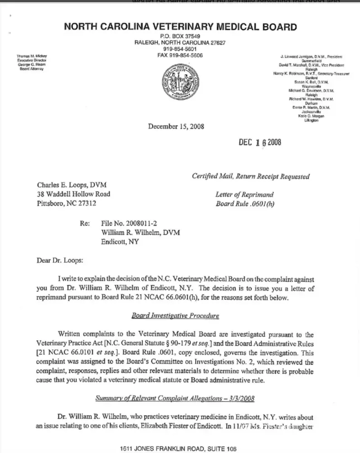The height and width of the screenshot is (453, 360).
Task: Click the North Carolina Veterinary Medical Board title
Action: pyautogui.click(x=180, y=27)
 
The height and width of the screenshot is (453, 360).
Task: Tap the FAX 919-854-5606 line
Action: pyautogui.click(x=180, y=55)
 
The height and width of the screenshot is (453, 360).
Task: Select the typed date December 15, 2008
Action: pyautogui.click(x=176, y=126)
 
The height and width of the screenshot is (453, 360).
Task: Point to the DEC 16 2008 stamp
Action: pyautogui.click(x=260, y=143)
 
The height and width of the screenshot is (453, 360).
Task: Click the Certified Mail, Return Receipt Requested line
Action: pyautogui.click(x=251, y=177)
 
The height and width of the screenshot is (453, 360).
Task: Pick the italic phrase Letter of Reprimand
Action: pyautogui.click(x=244, y=195)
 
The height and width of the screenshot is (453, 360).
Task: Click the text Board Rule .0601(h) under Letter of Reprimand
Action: pyautogui.click(x=245, y=204)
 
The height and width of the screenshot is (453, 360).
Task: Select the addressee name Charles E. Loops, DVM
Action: pyautogui.click(x=72, y=185)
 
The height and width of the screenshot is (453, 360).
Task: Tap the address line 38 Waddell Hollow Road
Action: pyautogui.click(x=73, y=194)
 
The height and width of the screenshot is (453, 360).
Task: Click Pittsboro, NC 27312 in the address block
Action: pyautogui.click(x=66, y=204)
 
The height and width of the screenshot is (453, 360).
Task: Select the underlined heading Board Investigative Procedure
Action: pyautogui.click(x=175, y=315)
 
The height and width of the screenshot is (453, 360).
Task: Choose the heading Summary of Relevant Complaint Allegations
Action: pyautogui.click(x=175, y=398)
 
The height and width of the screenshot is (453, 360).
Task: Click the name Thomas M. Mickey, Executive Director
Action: pyautogui.click(x=32, y=58)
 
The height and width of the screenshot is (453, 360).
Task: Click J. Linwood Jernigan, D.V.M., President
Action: pyautogui.click(x=311, y=57)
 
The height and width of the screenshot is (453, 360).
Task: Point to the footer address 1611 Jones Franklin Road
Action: pyautogui.click(x=178, y=449)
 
